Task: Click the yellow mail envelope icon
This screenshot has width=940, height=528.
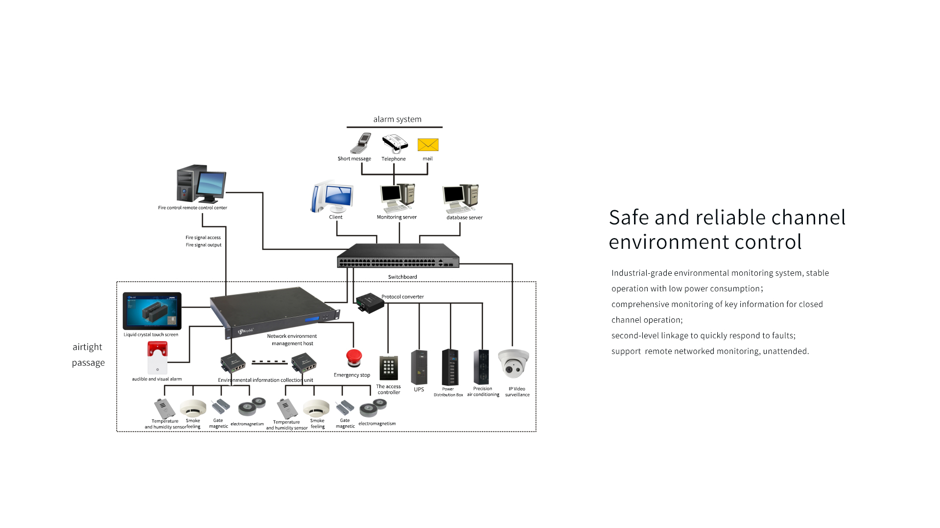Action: click(428, 145)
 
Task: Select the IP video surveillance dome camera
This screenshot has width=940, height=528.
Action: click(514, 364)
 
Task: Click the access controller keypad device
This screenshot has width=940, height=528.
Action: click(389, 368)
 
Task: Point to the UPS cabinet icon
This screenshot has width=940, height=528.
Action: click(419, 367)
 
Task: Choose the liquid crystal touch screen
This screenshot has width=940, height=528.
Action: click(152, 311)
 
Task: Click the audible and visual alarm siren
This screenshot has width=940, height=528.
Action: click(158, 358)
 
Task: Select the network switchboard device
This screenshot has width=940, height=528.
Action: click(398, 256)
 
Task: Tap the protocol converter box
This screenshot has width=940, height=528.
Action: click(370, 303)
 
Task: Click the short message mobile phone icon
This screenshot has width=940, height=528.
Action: click(361, 144)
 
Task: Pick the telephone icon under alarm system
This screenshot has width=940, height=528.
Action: click(395, 144)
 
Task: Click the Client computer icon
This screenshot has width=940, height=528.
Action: click(333, 198)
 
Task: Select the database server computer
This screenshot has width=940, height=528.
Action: click(461, 198)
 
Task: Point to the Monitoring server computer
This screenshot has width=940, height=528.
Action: click(398, 198)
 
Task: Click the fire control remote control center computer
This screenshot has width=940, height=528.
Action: click(201, 184)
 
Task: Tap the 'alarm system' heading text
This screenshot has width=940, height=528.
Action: click(397, 119)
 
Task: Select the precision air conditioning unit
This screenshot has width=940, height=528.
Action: click(481, 367)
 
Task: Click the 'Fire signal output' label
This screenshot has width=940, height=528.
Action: click(204, 245)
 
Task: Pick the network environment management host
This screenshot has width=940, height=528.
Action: click(274, 313)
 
